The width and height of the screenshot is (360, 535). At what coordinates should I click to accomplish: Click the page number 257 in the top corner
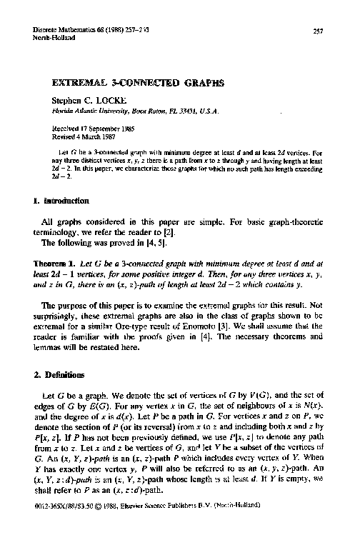(x=319, y=30)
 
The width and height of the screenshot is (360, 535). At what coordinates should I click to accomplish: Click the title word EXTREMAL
(x=78, y=82)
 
